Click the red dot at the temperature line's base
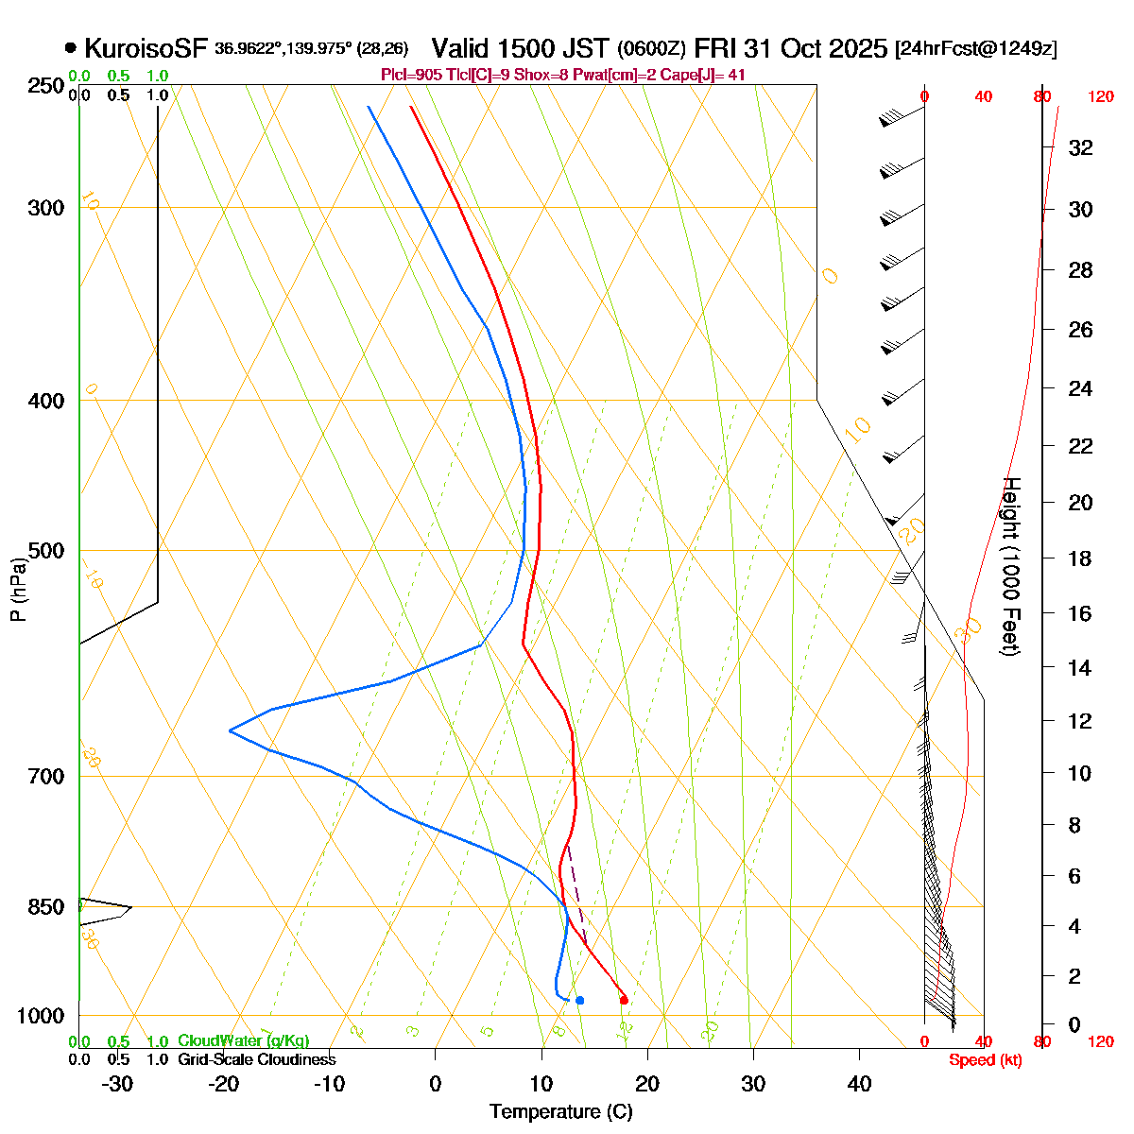click(624, 999)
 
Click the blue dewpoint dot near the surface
click(579, 1000)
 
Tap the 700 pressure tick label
click(46, 777)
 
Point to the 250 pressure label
click(46, 86)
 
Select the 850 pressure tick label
click(46, 907)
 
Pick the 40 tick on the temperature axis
click(859, 1084)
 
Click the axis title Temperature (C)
click(561, 1112)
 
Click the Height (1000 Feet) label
click(1011, 566)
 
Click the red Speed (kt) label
click(986, 1060)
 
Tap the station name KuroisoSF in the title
click(146, 48)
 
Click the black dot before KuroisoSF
click(71, 48)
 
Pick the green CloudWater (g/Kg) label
click(243, 1041)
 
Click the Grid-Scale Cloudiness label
click(256, 1060)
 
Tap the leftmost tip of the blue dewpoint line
click(230, 730)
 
